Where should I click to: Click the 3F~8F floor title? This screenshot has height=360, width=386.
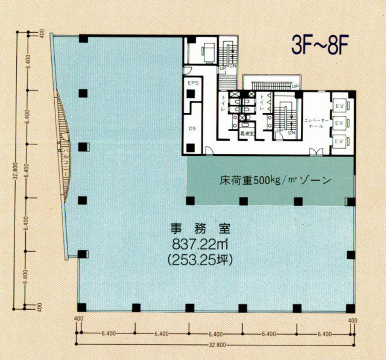pyautogui.click(x=321, y=46)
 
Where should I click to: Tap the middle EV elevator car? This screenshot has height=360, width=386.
pyautogui.click(x=339, y=123)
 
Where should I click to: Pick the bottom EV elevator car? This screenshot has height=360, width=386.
pyautogui.click(x=339, y=141)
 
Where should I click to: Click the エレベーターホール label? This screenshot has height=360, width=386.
pyautogui.click(x=317, y=123)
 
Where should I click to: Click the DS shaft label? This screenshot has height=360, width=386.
pyautogui.click(x=192, y=128)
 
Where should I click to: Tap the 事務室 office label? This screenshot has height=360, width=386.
pyautogui.click(x=200, y=229)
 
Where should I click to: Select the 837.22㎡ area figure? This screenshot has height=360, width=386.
pyautogui.click(x=200, y=245)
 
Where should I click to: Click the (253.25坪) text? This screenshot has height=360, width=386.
pyautogui.click(x=200, y=260)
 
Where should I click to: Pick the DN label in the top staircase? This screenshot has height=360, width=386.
pyautogui.click(x=232, y=66)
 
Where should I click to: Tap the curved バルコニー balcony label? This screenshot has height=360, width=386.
pyautogui.click(x=66, y=161)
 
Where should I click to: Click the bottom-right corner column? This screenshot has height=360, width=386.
pyautogui.click(x=350, y=308)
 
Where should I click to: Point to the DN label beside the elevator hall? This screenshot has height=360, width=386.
pyautogui.click(x=291, y=132)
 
